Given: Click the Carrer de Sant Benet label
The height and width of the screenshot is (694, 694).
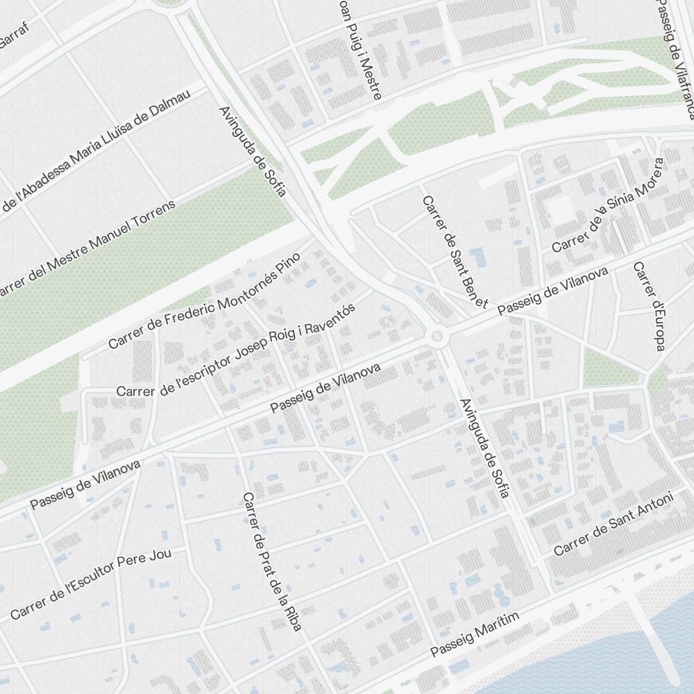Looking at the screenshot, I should [455, 251].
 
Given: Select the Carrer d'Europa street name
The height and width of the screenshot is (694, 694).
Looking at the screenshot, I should [648, 306].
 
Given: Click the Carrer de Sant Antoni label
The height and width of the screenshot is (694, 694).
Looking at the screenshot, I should [613, 524].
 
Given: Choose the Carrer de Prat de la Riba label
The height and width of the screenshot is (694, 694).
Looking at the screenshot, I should [272, 562].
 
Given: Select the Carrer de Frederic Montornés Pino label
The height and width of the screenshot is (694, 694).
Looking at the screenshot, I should [204, 301].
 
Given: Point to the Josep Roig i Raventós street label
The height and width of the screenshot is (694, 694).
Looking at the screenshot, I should [236, 351].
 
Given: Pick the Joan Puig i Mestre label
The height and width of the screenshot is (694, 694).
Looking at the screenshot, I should [359, 49].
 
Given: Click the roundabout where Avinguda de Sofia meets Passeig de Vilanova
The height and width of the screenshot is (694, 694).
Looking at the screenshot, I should [437, 337].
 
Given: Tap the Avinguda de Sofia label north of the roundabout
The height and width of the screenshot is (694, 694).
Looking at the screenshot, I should [252, 151].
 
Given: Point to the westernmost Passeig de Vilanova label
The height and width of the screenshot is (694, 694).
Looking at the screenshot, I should [85, 484].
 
